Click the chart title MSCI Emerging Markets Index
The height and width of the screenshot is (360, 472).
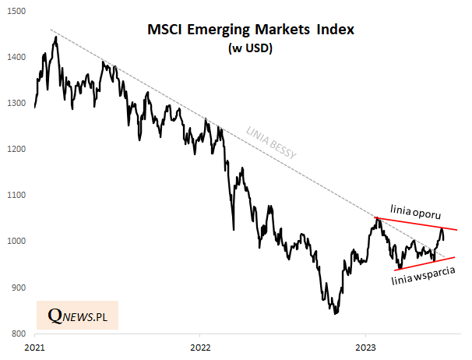251,30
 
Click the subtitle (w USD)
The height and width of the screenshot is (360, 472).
251,48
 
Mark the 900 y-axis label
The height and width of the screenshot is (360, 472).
17,288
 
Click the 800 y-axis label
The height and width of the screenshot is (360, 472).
17,334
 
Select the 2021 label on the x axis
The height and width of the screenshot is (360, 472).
35,346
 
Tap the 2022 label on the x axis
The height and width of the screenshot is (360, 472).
201,346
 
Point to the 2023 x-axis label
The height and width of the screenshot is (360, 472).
367,346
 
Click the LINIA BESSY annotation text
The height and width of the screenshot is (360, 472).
267,145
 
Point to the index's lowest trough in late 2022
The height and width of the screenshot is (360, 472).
335,313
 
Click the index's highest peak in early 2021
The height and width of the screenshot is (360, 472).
55,37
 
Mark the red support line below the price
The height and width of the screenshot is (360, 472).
424,263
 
